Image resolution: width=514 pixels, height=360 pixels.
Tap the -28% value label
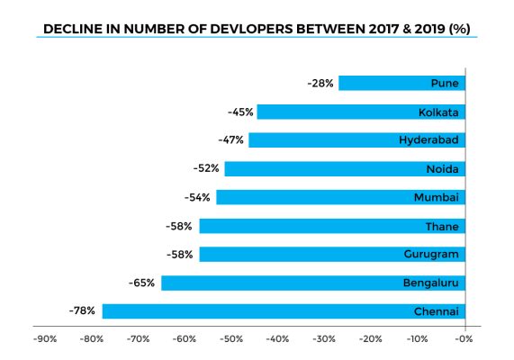pos(320,83)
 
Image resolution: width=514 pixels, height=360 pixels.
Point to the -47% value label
pos(231,140)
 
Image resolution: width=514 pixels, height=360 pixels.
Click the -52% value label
pos(206,168)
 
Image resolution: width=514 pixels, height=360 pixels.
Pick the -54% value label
pos(198,197)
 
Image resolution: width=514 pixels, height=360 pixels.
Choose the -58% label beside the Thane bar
pos(181,226)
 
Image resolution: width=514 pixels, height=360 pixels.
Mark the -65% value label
pos(143,283)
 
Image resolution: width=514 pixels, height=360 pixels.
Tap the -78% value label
pos(84,311)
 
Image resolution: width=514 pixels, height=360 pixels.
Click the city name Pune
pos(446,84)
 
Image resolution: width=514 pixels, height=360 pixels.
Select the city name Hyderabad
pos(429,140)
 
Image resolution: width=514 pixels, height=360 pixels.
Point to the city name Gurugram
pos(432,255)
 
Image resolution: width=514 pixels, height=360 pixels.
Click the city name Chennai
pos(437,311)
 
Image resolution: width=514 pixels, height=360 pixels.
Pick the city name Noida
pos(443,169)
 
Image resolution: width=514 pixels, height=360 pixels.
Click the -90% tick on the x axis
pos(45,339)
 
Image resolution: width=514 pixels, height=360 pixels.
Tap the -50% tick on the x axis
pos(230,339)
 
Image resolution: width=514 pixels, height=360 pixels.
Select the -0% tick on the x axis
pos(463,339)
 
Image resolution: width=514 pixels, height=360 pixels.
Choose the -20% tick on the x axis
pos(370,339)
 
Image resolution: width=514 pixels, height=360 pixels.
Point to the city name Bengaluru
pos(432,283)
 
